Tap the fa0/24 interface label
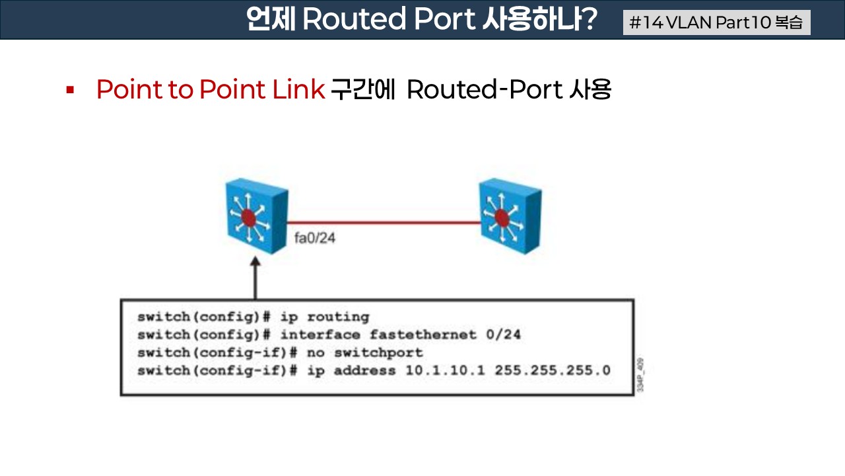pos(315,238)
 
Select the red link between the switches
pos(383,223)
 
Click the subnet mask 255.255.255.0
pos(553,370)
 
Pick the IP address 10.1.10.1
pos(445,370)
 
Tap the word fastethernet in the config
pos(422,335)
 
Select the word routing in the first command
pos(338,317)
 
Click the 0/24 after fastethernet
pos(503,335)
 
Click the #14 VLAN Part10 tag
pos(716,22)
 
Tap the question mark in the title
pos(586,20)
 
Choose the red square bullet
pos(69,89)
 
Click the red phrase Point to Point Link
pos(211,89)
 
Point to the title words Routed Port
pos(388,20)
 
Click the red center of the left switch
pos(248,217)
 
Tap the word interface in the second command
pos(320,335)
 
